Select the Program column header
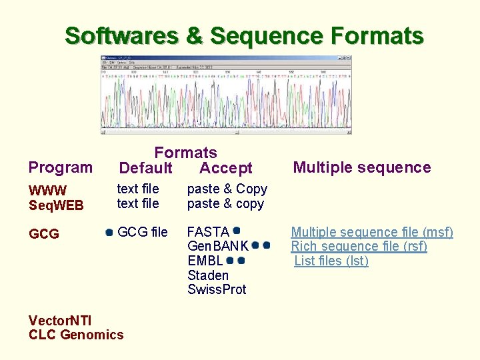pos(61,167)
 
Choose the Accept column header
pos(226,168)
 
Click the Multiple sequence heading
pos(362,167)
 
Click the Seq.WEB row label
pos(56,205)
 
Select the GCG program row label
pos(44,234)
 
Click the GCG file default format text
pos(142,232)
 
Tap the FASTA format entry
pos(208,232)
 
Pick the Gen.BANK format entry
pos(218,246)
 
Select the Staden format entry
pos(208,275)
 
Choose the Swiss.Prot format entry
pos(217,289)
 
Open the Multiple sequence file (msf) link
pos(372,232)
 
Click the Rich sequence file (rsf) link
pos(359,246)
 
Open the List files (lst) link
pos(331,261)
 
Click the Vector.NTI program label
pos(61,320)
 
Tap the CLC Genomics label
pos(76,335)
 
